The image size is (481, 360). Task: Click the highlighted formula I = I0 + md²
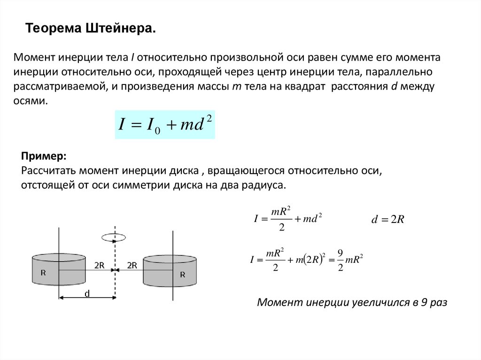coord(165,124)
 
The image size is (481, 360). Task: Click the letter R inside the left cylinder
coord(43,272)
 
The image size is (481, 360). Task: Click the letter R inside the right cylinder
coord(182,275)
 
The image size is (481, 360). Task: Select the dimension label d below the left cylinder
coord(87,293)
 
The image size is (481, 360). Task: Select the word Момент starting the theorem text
coord(34,58)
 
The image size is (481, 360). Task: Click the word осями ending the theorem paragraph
coord(32,100)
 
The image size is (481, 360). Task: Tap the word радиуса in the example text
coord(266,185)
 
